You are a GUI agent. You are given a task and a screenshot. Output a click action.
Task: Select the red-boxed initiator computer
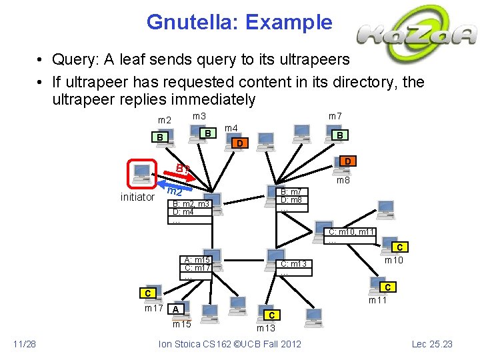pyautogui.click(x=142, y=174)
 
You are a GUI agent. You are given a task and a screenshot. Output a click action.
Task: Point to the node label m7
pyautogui.click(x=335, y=117)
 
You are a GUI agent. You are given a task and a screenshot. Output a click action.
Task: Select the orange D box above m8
pyautogui.click(x=347, y=161)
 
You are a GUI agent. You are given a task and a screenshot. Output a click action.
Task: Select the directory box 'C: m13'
pyautogui.click(x=294, y=267)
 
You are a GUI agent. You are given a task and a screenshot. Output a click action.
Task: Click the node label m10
pyautogui.click(x=393, y=260)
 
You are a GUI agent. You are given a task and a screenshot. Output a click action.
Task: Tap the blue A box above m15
pyautogui.click(x=176, y=309)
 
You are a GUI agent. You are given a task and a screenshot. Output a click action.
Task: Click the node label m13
pyautogui.click(x=265, y=327)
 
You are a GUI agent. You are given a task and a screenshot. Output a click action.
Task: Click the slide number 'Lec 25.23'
pyautogui.click(x=433, y=343)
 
